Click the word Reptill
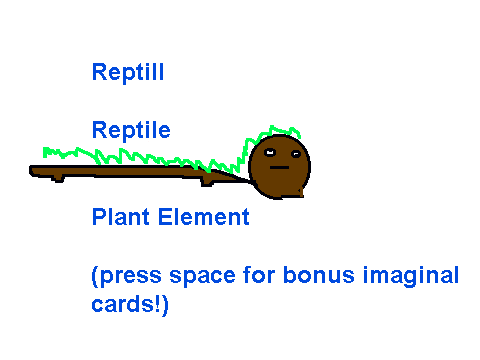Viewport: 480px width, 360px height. point(128,72)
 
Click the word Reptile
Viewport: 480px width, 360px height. point(131,130)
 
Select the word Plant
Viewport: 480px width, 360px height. point(120,217)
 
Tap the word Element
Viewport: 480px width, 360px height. point(204,217)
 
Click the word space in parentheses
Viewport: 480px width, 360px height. point(202,276)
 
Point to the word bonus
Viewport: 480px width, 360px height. point(319,275)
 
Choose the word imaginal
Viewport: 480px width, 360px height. point(411,276)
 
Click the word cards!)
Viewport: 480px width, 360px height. point(130,304)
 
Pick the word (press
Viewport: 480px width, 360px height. point(127,276)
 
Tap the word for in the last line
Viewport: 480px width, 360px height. point(259,275)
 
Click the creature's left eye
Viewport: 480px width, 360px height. point(270,153)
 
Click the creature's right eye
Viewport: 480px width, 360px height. point(296,154)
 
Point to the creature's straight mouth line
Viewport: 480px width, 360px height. point(279,167)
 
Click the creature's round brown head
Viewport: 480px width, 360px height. point(279,167)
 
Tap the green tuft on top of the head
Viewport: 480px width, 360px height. point(273,133)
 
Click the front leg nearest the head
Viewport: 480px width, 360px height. point(207,182)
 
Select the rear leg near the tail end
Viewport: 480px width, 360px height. point(58,179)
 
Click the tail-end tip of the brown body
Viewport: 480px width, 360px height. point(30,171)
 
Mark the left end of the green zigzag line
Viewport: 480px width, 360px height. point(44,152)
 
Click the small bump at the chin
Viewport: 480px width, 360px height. point(299,192)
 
